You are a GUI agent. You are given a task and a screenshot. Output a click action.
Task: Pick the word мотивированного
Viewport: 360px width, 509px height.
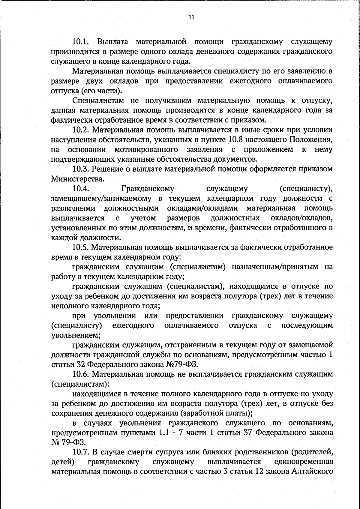tap(146, 149)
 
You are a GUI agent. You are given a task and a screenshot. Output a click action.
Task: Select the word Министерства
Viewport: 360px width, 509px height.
tap(78, 179)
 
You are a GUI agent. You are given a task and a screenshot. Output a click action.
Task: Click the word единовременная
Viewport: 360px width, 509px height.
tap(303, 462)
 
